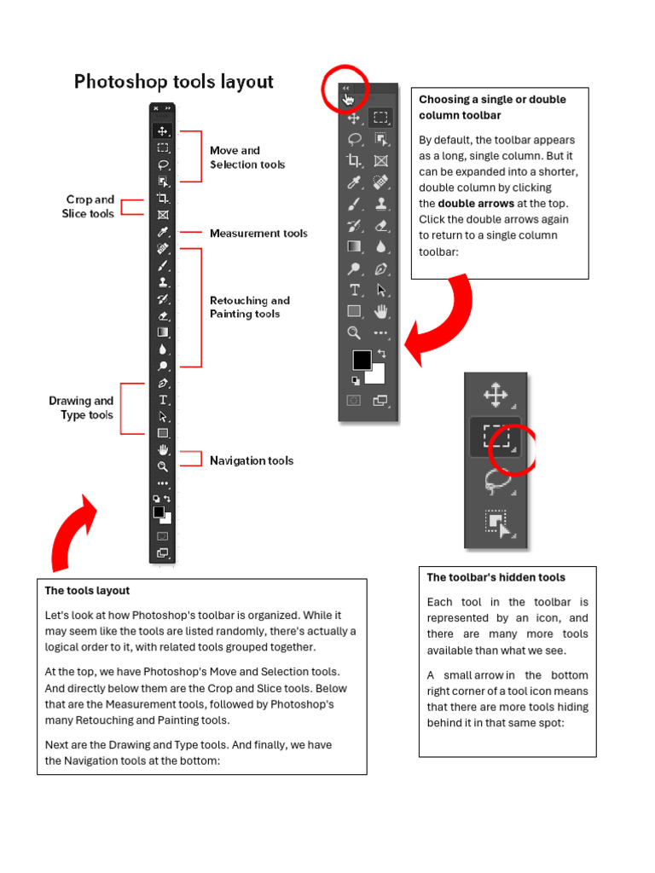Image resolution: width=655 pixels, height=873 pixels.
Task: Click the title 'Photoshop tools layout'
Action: click(x=174, y=82)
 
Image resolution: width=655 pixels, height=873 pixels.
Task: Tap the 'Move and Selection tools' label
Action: click(x=247, y=158)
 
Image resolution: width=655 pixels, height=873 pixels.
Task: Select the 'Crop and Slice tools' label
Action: click(x=89, y=206)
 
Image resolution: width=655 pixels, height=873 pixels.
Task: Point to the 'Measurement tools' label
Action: click(x=258, y=233)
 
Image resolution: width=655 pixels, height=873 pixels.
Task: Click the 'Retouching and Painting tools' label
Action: click(x=249, y=307)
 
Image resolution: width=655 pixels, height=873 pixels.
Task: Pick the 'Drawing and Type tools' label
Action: click(x=82, y=408)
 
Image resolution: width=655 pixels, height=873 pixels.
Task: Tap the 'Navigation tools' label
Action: click(x=252, y=460)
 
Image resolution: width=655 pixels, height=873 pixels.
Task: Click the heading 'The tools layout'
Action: click(x=87, y=590)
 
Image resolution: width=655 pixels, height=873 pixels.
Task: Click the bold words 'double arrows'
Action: click(x=476, y=204)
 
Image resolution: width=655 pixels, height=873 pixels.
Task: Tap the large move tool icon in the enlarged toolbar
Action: click(x=496, y=395)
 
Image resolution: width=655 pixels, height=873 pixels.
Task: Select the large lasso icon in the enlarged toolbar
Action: click(x=496, y=482)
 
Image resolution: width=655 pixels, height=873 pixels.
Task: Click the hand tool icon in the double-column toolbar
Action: click(x=381, y=311)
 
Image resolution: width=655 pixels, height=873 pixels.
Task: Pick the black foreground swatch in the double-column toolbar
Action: click(x=362, y=359)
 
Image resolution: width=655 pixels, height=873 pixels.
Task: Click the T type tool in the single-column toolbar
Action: click(x=163, y=400)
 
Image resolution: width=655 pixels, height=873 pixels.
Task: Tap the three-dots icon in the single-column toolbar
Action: click(x=163, y=483)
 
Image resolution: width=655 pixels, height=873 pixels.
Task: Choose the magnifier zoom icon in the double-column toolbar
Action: click(x=354, y=332)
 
